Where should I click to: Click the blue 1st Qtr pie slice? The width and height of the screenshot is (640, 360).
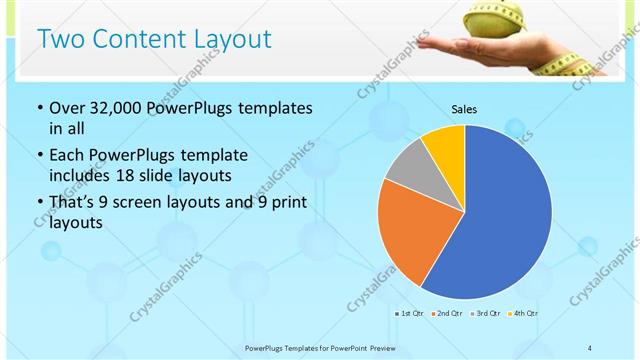[x=500, y=220]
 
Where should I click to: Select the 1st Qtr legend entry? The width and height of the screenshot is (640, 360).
[x=410, y=314]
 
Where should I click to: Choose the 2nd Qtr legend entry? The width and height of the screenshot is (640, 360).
[x=446, y=314]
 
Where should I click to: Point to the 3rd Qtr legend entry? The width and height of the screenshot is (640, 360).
[x=484, y=314]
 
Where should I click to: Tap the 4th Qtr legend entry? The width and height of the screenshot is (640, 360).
[x=522, y=314]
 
